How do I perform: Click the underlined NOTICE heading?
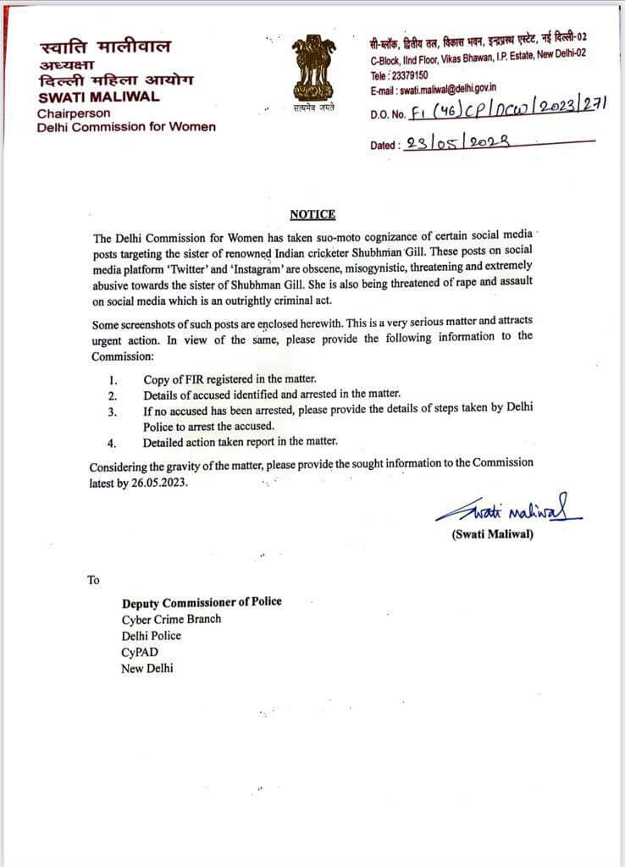click(x=312, y=214)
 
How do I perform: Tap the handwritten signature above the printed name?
click(x=506, y=511)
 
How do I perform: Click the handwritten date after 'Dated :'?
click(x=458, y=143)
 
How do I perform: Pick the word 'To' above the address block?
click(x=93, y=580)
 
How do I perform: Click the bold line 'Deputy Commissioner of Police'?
click(x=202, y=602)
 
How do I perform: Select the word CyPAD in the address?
click(x=140, y=651)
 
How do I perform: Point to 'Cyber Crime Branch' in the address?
click(x=171, y=618)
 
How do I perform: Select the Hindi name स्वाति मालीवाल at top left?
click(x=105, y=47)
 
